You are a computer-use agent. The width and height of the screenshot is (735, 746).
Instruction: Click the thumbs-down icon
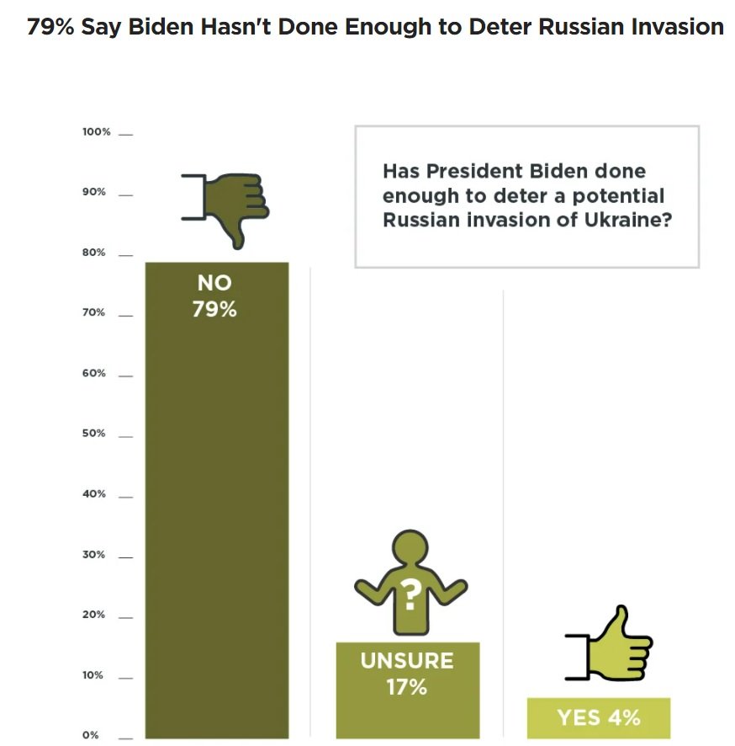(227, 206)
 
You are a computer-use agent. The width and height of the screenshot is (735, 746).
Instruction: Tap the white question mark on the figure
(410, 595)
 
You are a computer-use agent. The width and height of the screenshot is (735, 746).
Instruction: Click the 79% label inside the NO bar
(214, 310)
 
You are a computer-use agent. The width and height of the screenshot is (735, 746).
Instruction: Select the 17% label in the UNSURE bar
(406, 687)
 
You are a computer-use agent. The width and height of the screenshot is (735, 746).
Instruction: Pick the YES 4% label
(598, 717)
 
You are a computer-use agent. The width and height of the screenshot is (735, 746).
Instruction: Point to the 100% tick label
(97, 132)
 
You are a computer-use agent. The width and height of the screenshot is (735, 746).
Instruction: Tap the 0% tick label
(90, 735)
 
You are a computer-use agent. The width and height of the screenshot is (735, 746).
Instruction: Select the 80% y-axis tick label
(94, 253)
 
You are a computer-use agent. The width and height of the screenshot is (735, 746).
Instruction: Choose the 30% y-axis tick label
(94, 555)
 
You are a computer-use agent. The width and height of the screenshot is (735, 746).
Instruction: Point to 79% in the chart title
(51, 27)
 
